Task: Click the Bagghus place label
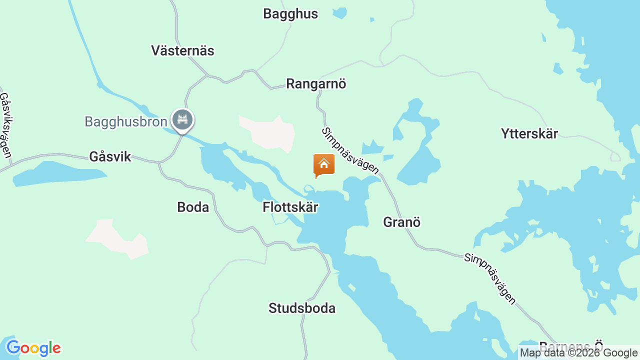point(290,14)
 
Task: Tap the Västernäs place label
point(182,50)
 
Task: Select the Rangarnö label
point(316,83)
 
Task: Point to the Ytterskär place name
point(529,133)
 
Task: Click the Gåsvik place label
point(110,156)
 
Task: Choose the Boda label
point(193,207)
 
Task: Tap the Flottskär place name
point(290,207)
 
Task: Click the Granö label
point(402,222)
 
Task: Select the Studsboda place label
point(302,308)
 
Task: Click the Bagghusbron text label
point(125,121)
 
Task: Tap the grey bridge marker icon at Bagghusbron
point(182,119)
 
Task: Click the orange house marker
point(324,164)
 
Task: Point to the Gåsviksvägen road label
point(6,125)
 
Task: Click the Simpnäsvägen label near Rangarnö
point(350,151)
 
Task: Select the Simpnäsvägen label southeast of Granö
point(490,278)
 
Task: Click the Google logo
point(33,348)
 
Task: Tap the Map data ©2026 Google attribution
point(578,353)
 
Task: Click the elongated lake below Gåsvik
point(60,173)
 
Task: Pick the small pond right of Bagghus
point(340,12)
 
